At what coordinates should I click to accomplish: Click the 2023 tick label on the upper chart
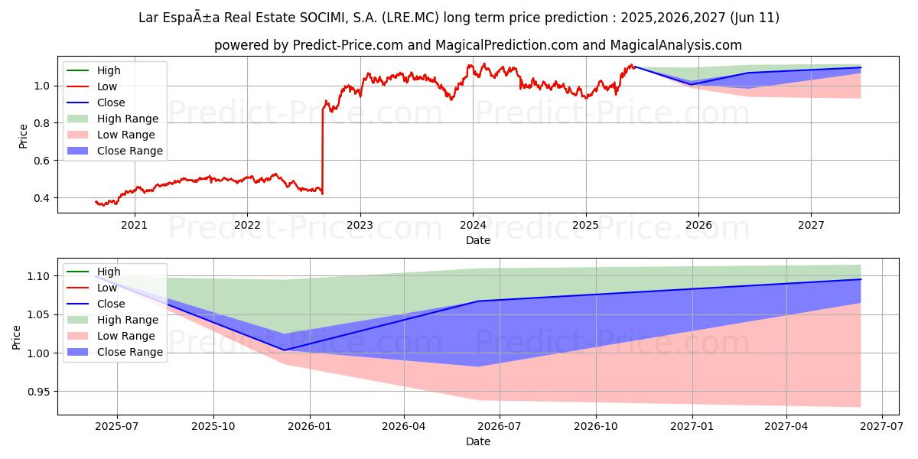click(360, 225)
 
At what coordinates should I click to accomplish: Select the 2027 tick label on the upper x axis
click(811, 225)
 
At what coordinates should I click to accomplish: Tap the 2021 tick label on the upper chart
click(135, 225)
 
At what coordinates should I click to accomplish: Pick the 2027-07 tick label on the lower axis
click(882, 427)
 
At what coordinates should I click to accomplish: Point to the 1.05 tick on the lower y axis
click(37, 314)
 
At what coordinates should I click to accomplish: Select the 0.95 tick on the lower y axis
click(37, 392)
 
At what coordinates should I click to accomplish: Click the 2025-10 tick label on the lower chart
click(213, 427)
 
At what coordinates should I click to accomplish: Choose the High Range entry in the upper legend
click(127, 119)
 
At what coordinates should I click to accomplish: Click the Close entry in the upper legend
click(111, 103)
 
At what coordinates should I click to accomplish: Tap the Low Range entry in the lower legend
click(126, 336)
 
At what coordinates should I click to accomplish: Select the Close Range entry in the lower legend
click(129, 352)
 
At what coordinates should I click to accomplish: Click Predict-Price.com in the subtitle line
click(348, 46)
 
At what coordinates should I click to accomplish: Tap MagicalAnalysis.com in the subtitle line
click(675, 46)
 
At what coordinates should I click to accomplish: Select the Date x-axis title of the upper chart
click(478, 240)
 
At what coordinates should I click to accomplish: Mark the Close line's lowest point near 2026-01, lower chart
click(285, 350)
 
